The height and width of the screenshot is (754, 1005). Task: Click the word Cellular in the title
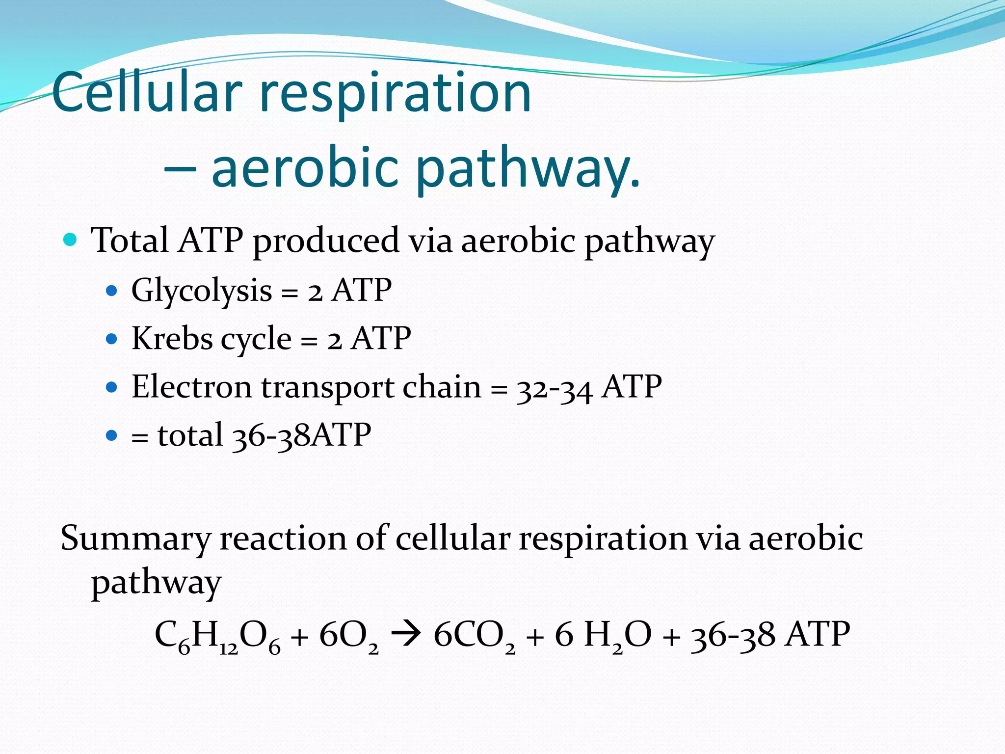(147, 92)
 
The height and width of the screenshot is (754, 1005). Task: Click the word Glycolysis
(201, 290)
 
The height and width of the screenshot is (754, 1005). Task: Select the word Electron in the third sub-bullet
(191, 387)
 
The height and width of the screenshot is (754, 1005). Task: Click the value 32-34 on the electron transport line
(555, 388)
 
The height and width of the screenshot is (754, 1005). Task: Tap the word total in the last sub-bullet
(190, 435)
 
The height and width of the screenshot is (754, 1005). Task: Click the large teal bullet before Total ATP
(71, 240)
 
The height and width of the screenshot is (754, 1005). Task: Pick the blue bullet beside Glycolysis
(112, 291)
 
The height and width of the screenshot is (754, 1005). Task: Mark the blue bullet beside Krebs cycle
(112, 339)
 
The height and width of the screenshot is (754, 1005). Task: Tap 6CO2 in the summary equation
(474, 636)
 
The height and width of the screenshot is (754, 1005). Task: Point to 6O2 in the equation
(348, 636)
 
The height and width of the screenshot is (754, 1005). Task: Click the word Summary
(135, 539)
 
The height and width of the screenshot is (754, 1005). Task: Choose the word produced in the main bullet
(326, 241)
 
